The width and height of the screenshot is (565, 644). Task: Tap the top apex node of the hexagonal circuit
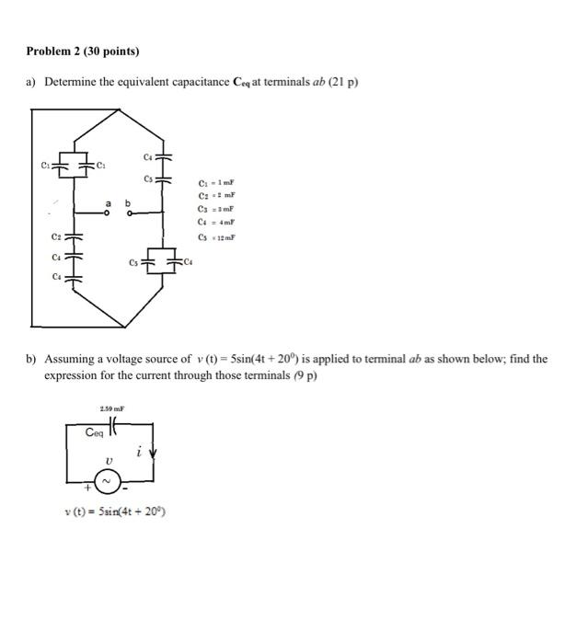pos(121,109)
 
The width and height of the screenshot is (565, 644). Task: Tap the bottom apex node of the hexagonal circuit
pos(121,327)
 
